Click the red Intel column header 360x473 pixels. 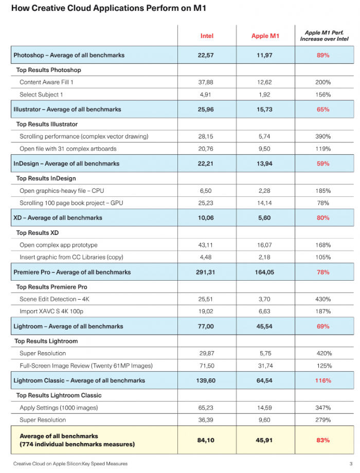click(x=207, y=36)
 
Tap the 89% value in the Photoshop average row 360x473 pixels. click(x=323, y=55)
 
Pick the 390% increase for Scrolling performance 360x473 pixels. click(x=323, y=136)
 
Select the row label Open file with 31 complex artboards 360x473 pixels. click(x=68, y=149)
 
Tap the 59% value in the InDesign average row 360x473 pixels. click(x=323, y=163)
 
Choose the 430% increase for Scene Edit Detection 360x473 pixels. click(x=323, y=299)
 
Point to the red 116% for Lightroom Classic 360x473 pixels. click(x=323, y=380)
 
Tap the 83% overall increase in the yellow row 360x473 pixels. click(x=323, y=440)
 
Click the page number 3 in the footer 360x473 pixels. click(x=350, y=464)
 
